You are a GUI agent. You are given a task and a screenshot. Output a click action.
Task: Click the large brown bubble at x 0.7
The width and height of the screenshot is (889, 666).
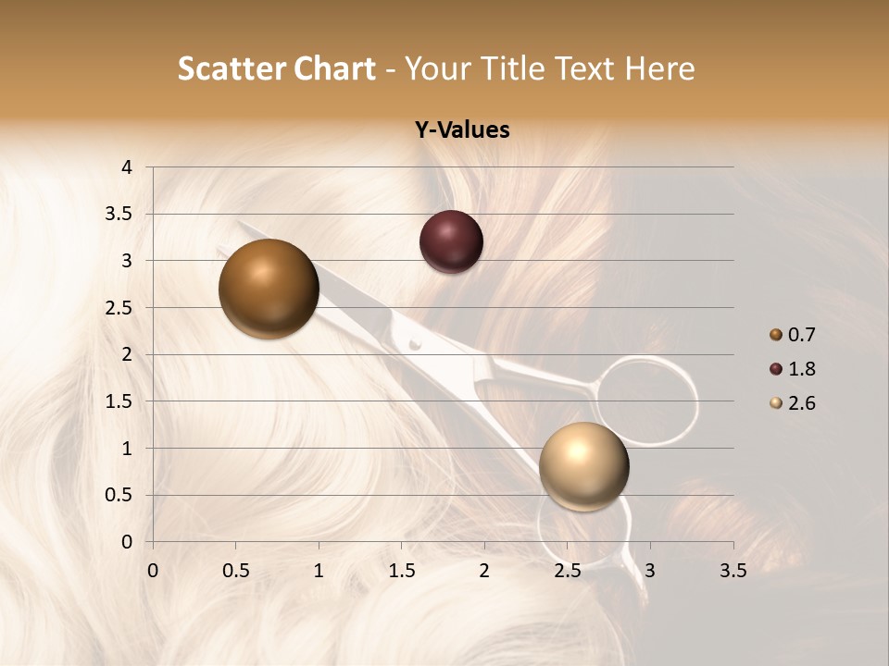coord(269,289)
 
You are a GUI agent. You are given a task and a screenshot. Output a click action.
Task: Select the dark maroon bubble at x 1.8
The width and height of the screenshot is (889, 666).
coord(451,241)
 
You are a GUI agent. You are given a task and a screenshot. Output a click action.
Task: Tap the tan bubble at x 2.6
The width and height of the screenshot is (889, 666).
coord(583,466)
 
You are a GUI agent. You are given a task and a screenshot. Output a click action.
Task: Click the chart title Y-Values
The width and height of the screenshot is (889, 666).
coord(461,130)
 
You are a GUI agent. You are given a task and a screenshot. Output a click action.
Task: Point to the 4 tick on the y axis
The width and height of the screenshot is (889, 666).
coord(128,167)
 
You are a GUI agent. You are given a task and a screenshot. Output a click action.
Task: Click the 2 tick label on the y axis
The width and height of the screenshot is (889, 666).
coord(128,354)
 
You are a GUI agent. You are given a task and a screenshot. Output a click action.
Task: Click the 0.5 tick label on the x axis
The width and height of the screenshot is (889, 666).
coord(235,571)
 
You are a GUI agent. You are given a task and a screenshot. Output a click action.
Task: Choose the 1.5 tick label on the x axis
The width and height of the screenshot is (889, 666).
coord(401,571)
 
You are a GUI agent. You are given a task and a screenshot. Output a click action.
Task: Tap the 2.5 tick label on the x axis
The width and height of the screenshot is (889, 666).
coord(567,571)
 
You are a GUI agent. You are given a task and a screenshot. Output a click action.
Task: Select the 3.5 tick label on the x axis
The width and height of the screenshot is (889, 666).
coord(732,571)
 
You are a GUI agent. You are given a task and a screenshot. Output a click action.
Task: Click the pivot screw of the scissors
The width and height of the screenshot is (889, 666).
coord(415,344)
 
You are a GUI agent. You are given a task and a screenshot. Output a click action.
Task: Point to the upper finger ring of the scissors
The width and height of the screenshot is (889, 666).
coord(646,400)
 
